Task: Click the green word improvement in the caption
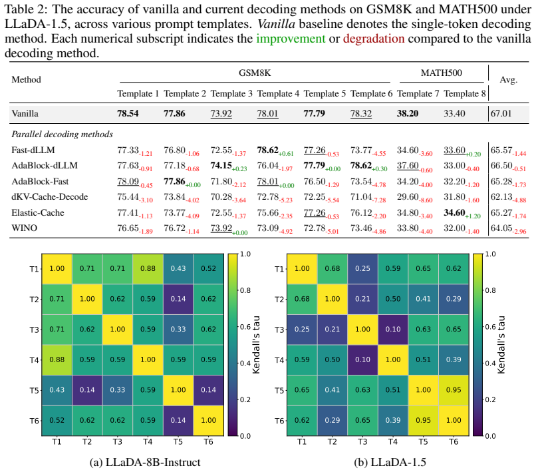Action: [x=291, y=39]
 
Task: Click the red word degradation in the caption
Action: [x=374, y=39]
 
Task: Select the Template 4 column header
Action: [x=278, y=93]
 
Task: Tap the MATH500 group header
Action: [x=441, y=73]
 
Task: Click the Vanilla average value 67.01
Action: [x=501, y=113]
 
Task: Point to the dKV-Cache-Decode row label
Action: [x=50, y=197]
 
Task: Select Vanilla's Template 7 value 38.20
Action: [x=408, y=113]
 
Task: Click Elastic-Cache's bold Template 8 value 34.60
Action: [x=454, y=212]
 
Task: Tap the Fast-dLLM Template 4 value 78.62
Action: [x=267, y=150]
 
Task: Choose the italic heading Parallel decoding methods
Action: [x=63, y=134]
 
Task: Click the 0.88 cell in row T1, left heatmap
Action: [x=148, y=269]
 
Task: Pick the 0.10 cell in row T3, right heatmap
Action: [x=393, y=330]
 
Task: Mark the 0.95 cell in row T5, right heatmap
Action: [x=454, y=390]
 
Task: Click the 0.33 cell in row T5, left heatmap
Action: [x=118, y=390]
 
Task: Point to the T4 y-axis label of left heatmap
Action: [x=34, y=360]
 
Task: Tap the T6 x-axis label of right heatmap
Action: [x=454, y=442]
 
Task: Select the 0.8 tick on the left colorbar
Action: [x=245, y=291]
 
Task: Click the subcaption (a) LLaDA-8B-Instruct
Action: [x=145, y=463]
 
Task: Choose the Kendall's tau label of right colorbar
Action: [x=501, y=345]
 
